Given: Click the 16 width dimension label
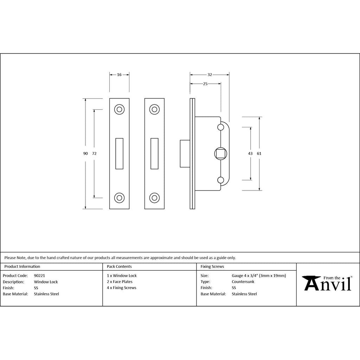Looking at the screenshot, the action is tap(119, 75).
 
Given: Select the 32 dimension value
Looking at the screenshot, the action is tap(210, 75).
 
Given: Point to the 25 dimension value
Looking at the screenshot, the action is tap(205, 84).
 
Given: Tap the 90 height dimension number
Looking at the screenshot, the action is tap(85, 153).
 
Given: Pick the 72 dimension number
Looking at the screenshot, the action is tap(94, 153).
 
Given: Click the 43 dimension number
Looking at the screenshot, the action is tap(250, 153).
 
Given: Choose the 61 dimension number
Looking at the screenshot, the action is tap(259, 153).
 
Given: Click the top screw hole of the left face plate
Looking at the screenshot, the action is tap(120, 110).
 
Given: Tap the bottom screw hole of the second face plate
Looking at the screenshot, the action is tap(155, 198).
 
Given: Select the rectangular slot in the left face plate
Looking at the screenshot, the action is tap(120, 154).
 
